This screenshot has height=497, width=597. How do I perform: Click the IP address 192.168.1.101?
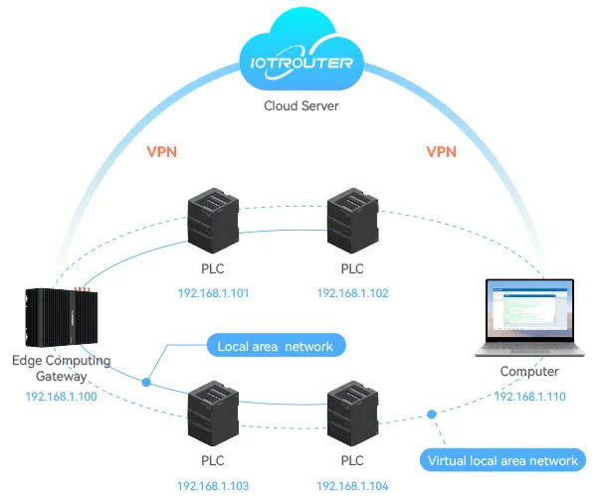[213, 293]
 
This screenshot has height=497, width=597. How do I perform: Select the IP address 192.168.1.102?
[352, 293]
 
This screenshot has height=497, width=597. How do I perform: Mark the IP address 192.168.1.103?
[213, 486]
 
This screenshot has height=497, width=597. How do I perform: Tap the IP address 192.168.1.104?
[352, 486]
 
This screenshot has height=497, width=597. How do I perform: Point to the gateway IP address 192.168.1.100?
[62, 397]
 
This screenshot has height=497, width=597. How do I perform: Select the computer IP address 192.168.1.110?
[530, 396]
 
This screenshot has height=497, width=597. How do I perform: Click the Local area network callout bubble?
[276, 346]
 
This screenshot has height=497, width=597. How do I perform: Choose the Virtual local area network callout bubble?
[501, 460]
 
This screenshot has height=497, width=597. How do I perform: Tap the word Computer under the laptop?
[530, 372]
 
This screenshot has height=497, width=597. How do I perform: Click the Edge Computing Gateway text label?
[62, 369]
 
